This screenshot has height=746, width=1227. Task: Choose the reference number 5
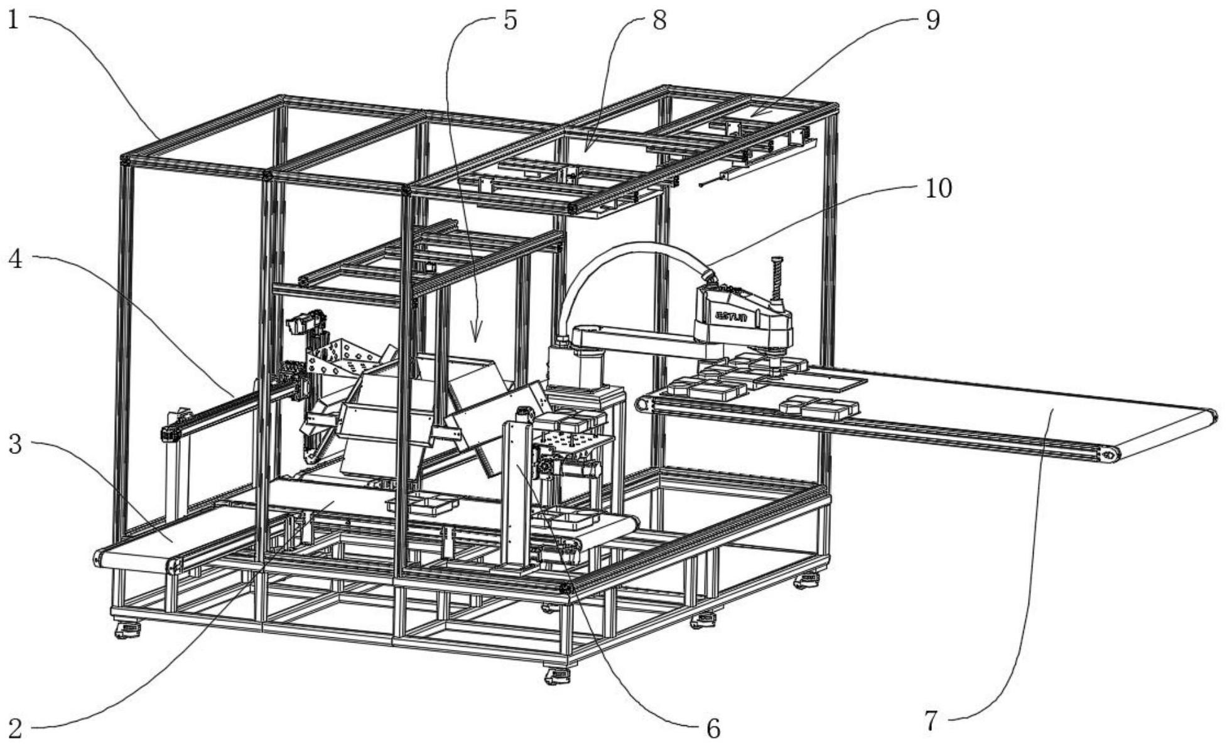(x=510, y=19)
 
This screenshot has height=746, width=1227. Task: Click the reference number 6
(x=713, y=728)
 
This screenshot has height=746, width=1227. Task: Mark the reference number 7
(x=931, y=720)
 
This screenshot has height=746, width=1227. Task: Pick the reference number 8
(x=659, y=19)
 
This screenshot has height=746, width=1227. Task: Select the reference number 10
(x=939, y=188)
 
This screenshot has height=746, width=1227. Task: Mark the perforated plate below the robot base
(x=571, y=444)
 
